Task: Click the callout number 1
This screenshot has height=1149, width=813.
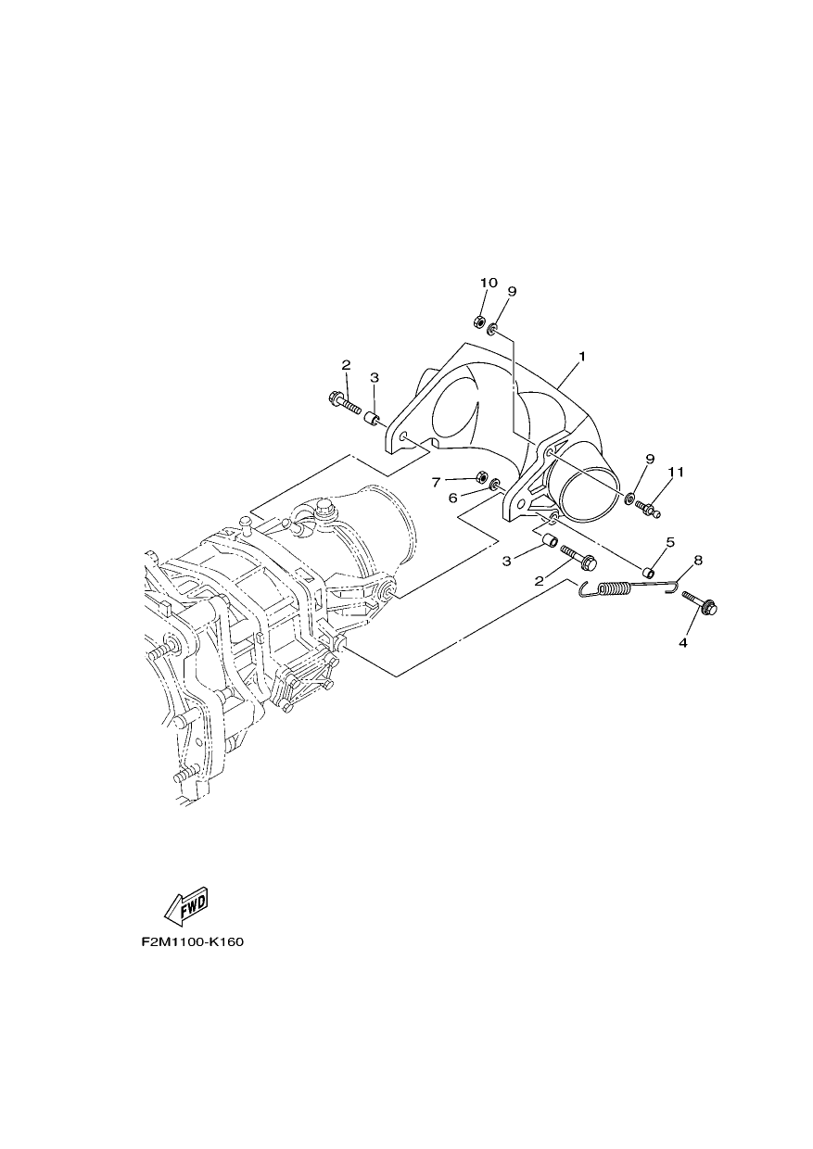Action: point(582,356)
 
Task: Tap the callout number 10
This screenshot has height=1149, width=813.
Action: point(489,283)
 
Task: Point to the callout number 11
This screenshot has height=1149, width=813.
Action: point(676,472)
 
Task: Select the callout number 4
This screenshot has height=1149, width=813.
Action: point(682,643)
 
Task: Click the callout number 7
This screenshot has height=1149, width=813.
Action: point(436,482)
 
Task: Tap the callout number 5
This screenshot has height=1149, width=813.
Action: point(670,542)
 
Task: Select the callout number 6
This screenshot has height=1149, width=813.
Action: point(452,499)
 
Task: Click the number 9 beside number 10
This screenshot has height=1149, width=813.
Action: point(512,291)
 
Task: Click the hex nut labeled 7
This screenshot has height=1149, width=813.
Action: point(482,476)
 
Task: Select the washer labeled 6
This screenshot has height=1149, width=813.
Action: point(495,483)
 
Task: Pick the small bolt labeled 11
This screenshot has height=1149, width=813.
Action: point(648,509)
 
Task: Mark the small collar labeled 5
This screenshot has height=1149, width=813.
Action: point(649,572)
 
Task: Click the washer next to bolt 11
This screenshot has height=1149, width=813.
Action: point(629,497)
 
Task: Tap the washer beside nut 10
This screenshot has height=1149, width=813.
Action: point(491,328)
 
